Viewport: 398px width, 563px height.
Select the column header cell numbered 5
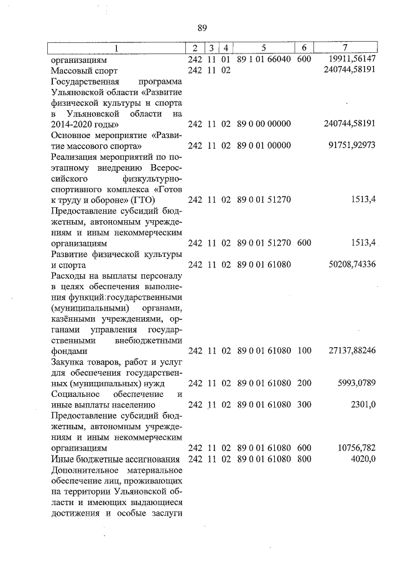264,49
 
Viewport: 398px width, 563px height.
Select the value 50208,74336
350,264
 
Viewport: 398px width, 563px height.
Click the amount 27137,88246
350,351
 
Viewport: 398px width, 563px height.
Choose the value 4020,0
363,458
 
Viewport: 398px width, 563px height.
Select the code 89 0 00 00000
264,124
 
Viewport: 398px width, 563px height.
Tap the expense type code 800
303,458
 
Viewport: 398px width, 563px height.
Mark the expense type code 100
303,351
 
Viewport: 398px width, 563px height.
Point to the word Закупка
68,361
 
